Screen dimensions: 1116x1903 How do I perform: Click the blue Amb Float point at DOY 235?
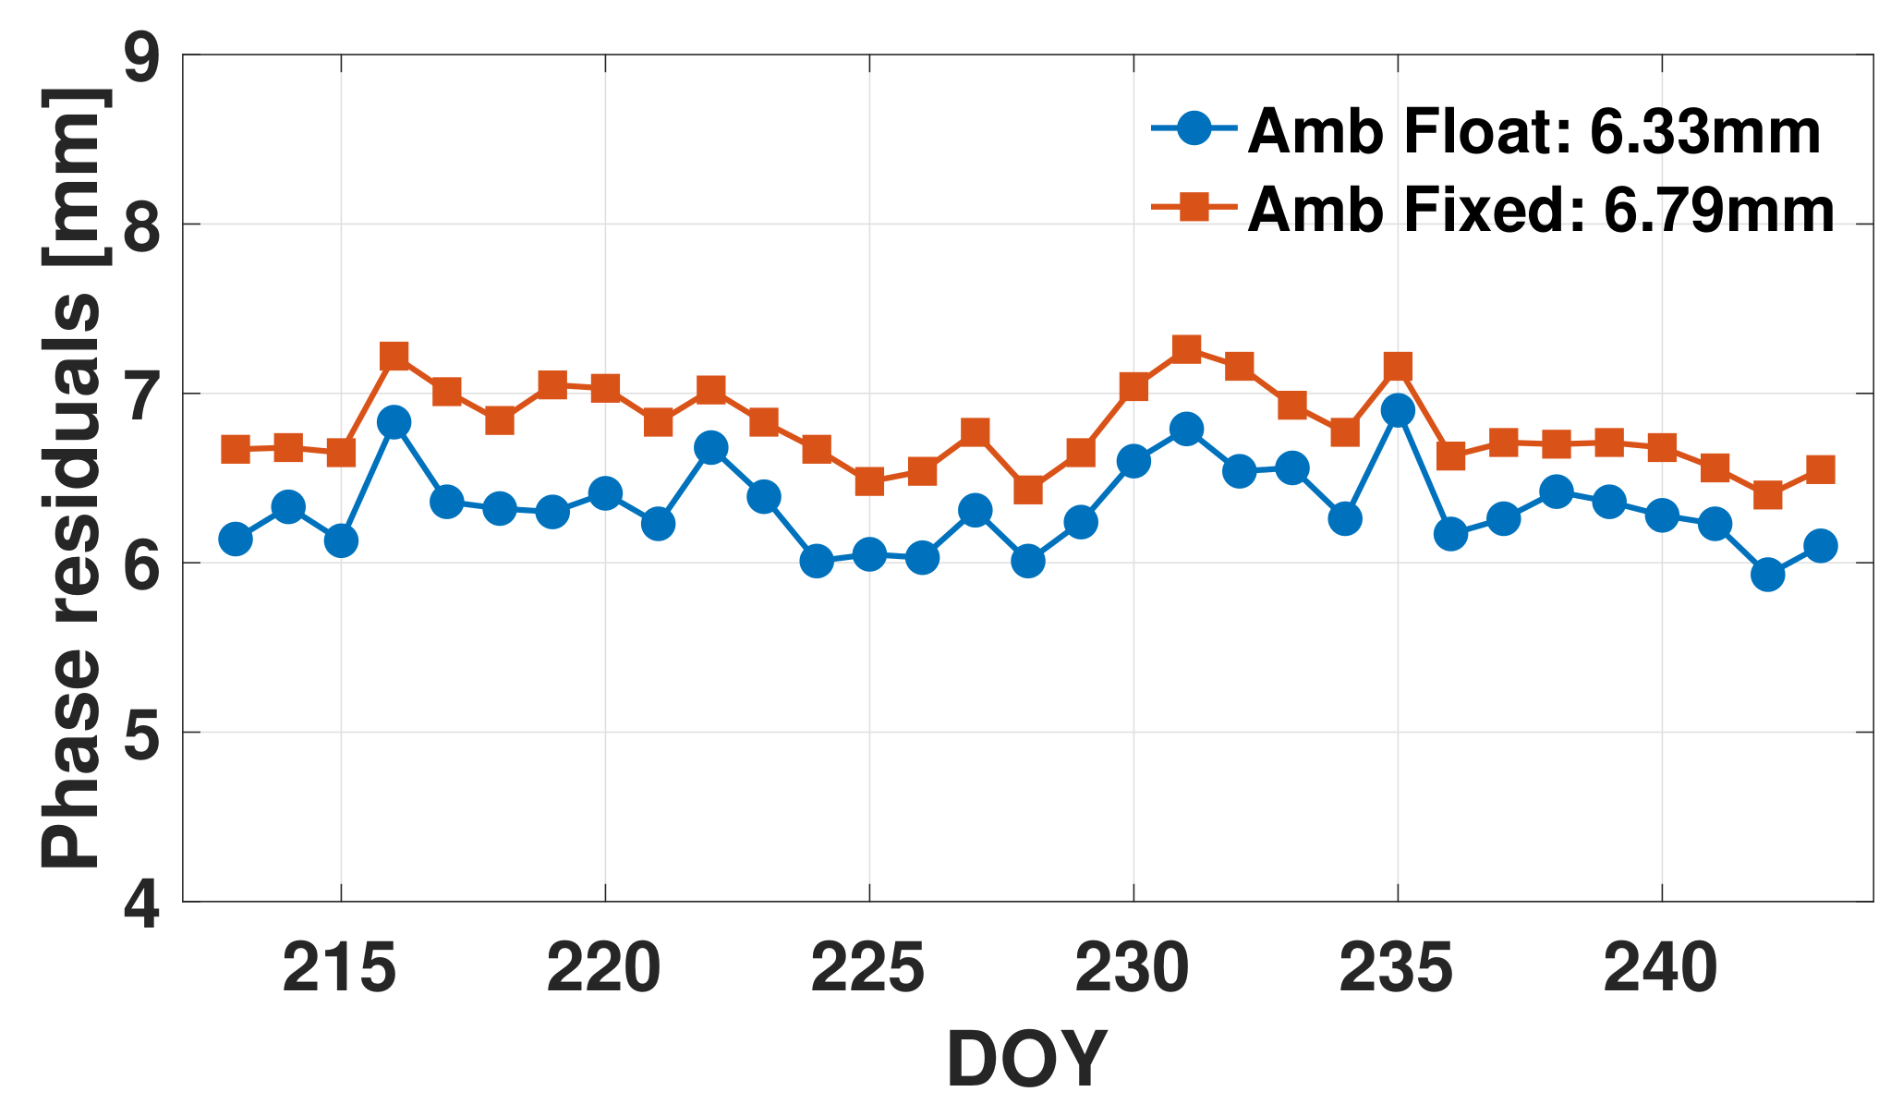point(1398,409)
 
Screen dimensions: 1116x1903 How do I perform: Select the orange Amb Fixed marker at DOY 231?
point(1186,348)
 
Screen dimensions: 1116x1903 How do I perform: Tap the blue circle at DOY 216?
point(394,422)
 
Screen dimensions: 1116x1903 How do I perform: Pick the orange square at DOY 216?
point(394,356)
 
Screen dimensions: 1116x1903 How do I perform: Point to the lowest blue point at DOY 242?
point(1767,575)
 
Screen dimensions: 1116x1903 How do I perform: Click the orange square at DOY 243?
point(1820,469)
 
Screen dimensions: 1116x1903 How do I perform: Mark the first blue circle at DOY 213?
point(236,539)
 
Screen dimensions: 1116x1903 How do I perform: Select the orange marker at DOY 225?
point(869,481)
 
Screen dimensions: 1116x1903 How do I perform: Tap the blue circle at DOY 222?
point(710,448)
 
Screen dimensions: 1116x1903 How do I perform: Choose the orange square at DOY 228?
point(1028,490)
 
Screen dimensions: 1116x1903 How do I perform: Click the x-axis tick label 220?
point(604,970)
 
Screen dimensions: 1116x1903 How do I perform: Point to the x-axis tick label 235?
point(1397,970)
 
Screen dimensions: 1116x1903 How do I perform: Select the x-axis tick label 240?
point(1661,970)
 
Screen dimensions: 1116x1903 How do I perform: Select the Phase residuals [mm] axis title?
point(72,479)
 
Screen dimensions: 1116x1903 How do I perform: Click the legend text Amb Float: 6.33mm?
point(1533,131)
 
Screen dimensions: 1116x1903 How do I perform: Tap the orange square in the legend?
point(1194,207)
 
